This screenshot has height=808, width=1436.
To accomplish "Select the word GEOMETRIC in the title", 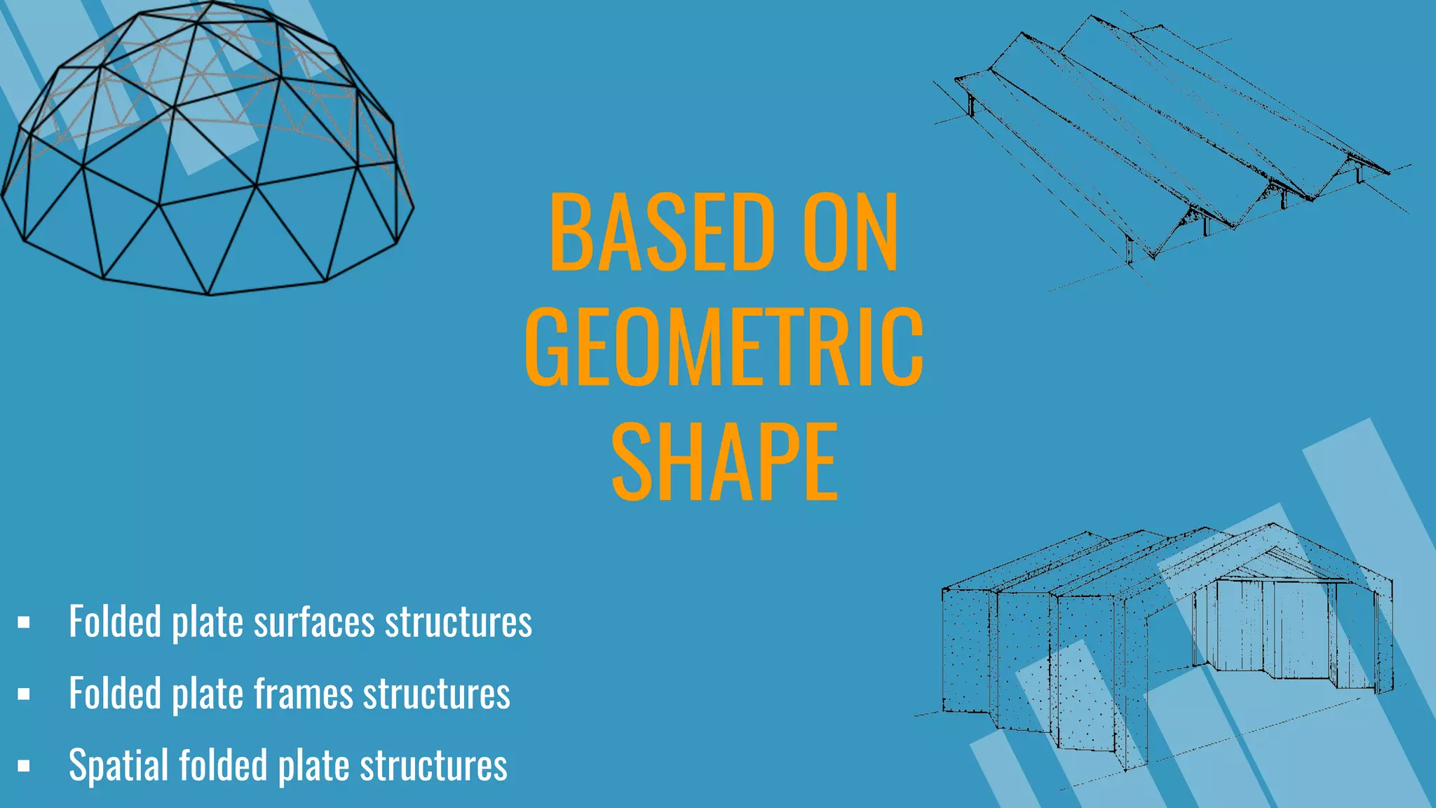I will click(724, 346).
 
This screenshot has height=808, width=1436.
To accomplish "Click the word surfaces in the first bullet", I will click(314, 622).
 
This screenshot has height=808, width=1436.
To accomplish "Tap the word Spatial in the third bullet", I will click(118, 765).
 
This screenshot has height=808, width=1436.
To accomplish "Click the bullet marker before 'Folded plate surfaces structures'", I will click(24, 622).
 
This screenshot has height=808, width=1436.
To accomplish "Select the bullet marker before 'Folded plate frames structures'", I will click(24, 694).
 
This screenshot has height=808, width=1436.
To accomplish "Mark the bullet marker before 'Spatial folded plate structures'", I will click(24, 766).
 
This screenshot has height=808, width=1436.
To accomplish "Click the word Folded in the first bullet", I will click(115, 622).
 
